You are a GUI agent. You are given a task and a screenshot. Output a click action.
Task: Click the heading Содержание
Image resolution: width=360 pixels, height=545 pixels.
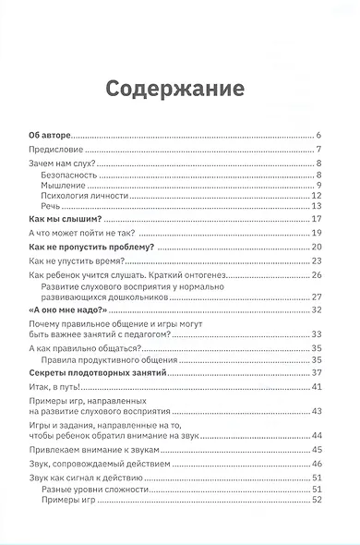(x=174, y=89)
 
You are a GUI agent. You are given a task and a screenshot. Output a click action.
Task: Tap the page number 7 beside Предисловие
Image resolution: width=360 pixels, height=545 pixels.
(x=317, y=149)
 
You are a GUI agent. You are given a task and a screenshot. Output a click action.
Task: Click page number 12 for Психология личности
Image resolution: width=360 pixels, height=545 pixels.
(x=315, y=195)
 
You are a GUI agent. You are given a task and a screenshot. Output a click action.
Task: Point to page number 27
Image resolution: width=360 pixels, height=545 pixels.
(x=315, y=297)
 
